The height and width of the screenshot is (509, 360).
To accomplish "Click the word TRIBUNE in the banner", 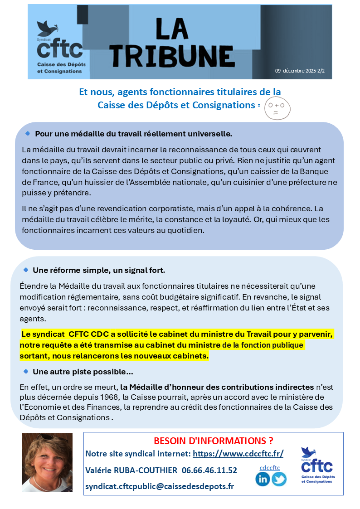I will [x=173, y=55].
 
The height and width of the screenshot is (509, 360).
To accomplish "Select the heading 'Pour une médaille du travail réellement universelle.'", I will [x=133, y=134].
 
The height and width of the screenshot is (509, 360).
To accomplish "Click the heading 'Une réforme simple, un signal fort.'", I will [x=99, y=270].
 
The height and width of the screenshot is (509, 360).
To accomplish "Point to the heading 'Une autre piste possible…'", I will [x=83, y=372].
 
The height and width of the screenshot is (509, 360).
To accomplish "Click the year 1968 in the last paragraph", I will [x=110, y=397].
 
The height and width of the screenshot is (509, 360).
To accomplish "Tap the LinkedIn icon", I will [x=263, y=479].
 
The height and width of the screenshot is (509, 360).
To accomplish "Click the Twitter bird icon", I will [x=279, y=479].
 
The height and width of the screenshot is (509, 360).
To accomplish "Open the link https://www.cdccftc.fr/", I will [x=238, y=454].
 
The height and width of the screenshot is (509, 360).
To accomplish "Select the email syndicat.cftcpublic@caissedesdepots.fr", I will [x=160, y=486].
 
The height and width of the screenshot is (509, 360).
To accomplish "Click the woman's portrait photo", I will [x=47, y=462].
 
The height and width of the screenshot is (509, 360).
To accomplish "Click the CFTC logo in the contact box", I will [x=317, y=465].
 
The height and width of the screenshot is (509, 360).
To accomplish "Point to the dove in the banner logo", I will [x=44, y=29].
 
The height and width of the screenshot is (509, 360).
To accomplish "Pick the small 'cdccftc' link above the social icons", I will [x=270, y=468].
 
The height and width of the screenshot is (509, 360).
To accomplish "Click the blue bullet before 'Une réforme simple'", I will [x=26, y=270].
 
